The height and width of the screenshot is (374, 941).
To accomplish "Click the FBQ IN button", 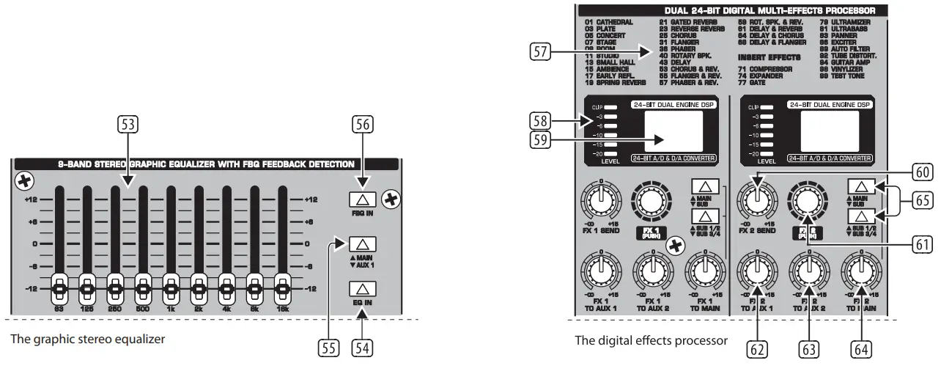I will (x=363, y=199).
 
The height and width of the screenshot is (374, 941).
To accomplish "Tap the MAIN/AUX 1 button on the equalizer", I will (x=363, y=243).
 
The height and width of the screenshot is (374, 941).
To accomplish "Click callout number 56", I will (x=362, y=125).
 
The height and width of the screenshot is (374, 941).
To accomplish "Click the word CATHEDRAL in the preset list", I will (x=614, y=23).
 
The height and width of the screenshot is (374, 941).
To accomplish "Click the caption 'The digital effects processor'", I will (x=651, y=340).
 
